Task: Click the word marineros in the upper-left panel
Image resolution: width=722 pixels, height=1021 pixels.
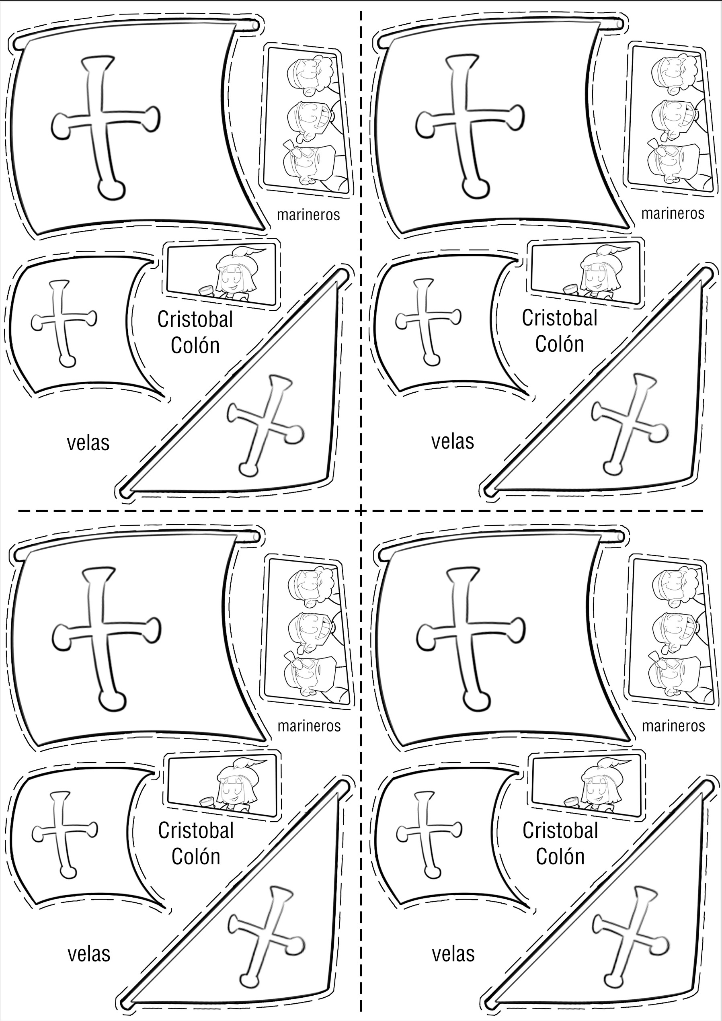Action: [308, 215]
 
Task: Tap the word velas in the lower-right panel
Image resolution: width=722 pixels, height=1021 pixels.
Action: [453, 954]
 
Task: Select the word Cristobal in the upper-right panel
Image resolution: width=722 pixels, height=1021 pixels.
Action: [560, 318]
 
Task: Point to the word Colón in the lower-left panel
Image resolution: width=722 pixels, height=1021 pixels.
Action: [196, 857]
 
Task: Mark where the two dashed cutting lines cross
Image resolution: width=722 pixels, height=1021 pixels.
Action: [361, 510]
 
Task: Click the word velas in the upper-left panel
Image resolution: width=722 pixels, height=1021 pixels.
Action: [88, 443]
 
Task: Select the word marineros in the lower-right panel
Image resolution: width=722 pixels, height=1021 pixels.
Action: [673, 726]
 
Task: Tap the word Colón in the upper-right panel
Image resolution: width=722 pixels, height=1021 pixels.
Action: [560, 344]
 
